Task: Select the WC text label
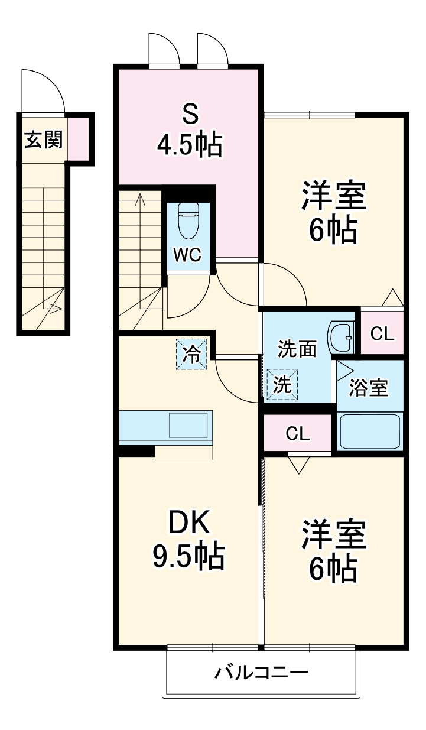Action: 187,255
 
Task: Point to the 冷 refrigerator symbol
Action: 191,354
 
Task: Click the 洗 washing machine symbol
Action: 282,385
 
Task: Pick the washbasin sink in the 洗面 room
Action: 341,338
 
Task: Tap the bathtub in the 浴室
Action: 370,431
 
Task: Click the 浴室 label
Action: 368,388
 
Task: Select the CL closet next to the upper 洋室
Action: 382,334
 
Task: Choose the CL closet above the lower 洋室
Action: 297,433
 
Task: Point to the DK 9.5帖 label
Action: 188,539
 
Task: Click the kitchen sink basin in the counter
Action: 188,426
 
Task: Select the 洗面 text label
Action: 297,349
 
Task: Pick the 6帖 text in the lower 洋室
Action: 334,569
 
